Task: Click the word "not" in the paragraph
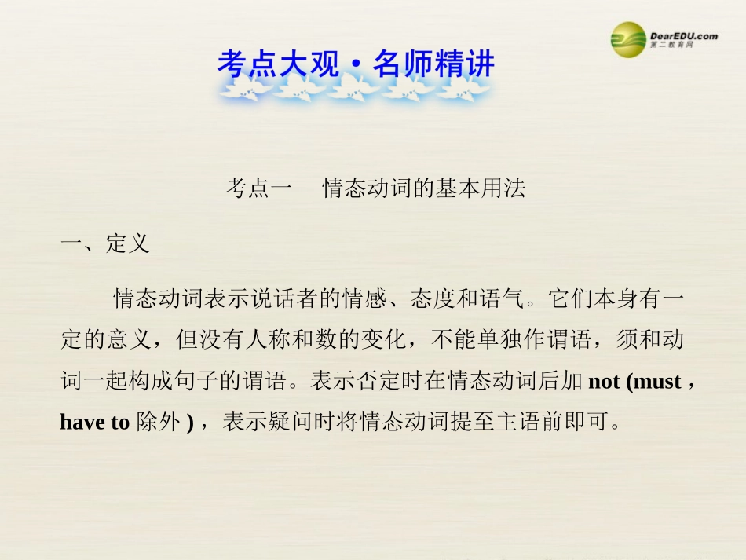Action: [605, 382]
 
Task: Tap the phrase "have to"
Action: [94, 423]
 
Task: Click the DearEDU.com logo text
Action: [683, 35]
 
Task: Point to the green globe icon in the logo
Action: [627, 39]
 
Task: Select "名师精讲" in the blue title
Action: [433, 64]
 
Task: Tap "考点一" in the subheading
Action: [258, 189]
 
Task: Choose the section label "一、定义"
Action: [104, 244]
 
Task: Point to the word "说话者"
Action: [286, 299]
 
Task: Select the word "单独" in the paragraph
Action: [497, 340]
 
